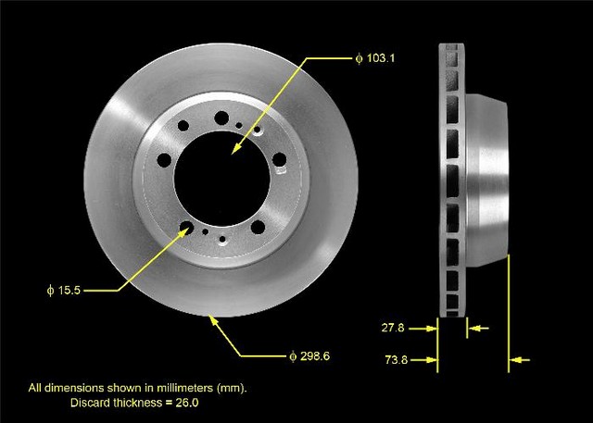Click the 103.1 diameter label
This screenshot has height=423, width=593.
pos(374,58)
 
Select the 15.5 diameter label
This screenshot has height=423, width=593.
pos(64,290)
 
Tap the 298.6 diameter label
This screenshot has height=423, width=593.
pos(309,356)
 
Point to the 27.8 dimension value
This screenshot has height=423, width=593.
pos(393,328)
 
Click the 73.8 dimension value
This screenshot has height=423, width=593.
pos(397,359)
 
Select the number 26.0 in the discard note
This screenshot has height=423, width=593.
pos(187,403)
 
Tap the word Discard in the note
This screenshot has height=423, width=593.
pos(89,403)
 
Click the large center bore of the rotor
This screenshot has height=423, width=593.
pos(222,179)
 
